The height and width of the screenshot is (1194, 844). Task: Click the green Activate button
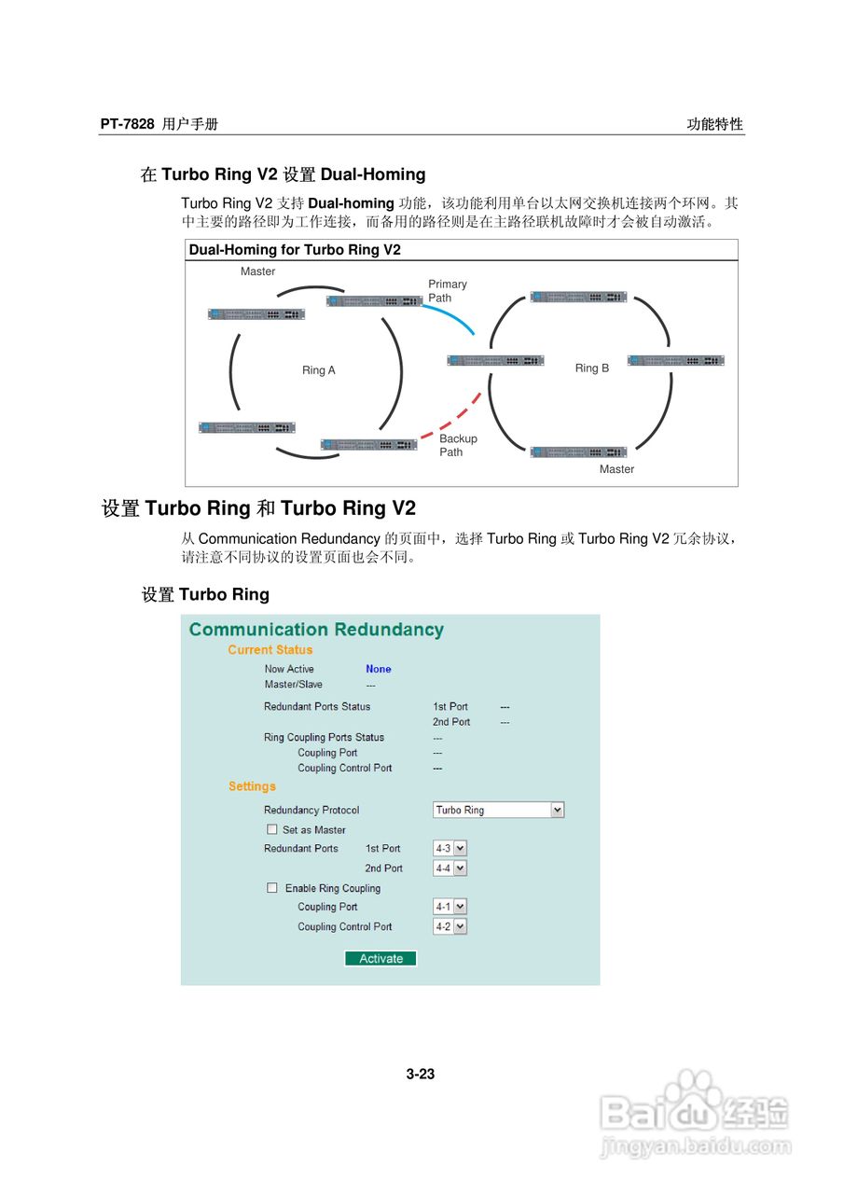click(380, 958)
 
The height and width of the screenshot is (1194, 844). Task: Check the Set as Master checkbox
click(272, 829)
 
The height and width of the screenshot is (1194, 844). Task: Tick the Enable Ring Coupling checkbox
click(272, 888)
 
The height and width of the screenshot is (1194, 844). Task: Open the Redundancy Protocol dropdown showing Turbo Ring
click(499, 810)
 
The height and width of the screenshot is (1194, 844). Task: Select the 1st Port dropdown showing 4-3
click(450, 848)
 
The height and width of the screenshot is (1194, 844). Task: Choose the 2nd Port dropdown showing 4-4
click(450, 868)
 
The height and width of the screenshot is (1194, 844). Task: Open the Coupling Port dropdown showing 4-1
click(450, 907)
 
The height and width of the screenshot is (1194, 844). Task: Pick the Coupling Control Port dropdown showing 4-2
click(450, 926)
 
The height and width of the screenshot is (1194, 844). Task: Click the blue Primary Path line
click(450, 315)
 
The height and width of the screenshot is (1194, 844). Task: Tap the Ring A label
click(318, 370)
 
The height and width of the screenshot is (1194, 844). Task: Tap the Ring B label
click(591, 368)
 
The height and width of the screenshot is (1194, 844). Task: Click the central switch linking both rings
click(495, 360)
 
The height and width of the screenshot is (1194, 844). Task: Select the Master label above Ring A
click(257, 271)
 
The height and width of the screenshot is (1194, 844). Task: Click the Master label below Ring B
click(616, 469)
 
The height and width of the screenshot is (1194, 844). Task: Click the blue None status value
click(379, 669)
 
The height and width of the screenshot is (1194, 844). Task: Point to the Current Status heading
click(270, 650)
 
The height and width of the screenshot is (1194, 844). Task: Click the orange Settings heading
click(252, 786)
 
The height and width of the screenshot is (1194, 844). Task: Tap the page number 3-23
click(421, 1074)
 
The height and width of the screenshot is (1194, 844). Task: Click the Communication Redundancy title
click(316, 630)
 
